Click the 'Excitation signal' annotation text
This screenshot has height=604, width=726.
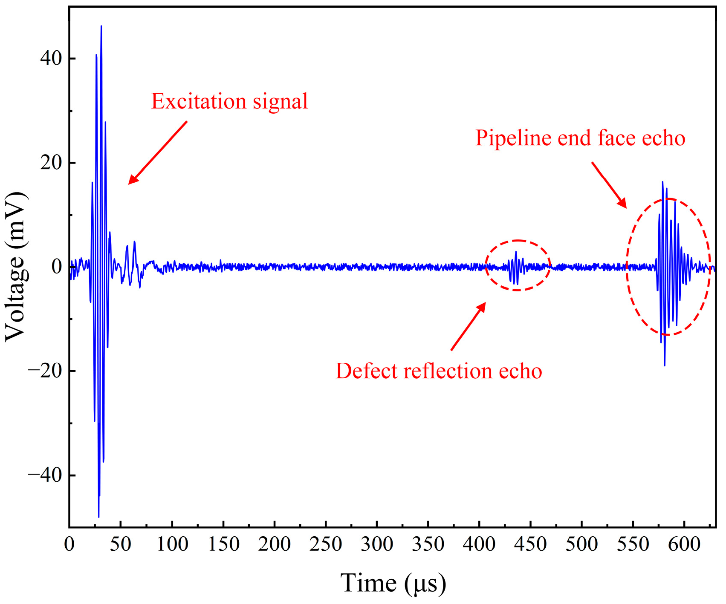[229, 102]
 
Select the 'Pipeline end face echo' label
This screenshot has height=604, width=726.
[580, 138]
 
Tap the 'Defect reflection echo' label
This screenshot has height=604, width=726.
[439, 371]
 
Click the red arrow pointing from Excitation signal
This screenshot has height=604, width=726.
[158, 152]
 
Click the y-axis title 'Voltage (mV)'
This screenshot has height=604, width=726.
[16, 267]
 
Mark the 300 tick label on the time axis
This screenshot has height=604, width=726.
[377, 545]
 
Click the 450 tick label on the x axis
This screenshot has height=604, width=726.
[530, 545]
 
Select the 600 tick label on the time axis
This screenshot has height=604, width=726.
[684, 545]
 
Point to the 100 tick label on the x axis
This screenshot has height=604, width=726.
[172, 545]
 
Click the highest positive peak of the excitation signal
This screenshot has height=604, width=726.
[101, 26]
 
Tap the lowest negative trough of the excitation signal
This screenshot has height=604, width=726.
[98, 516]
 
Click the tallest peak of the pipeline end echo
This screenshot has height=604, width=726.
[662, 182]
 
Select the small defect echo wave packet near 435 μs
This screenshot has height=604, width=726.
[516, 267]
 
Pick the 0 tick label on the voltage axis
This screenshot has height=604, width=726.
[57, 267]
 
